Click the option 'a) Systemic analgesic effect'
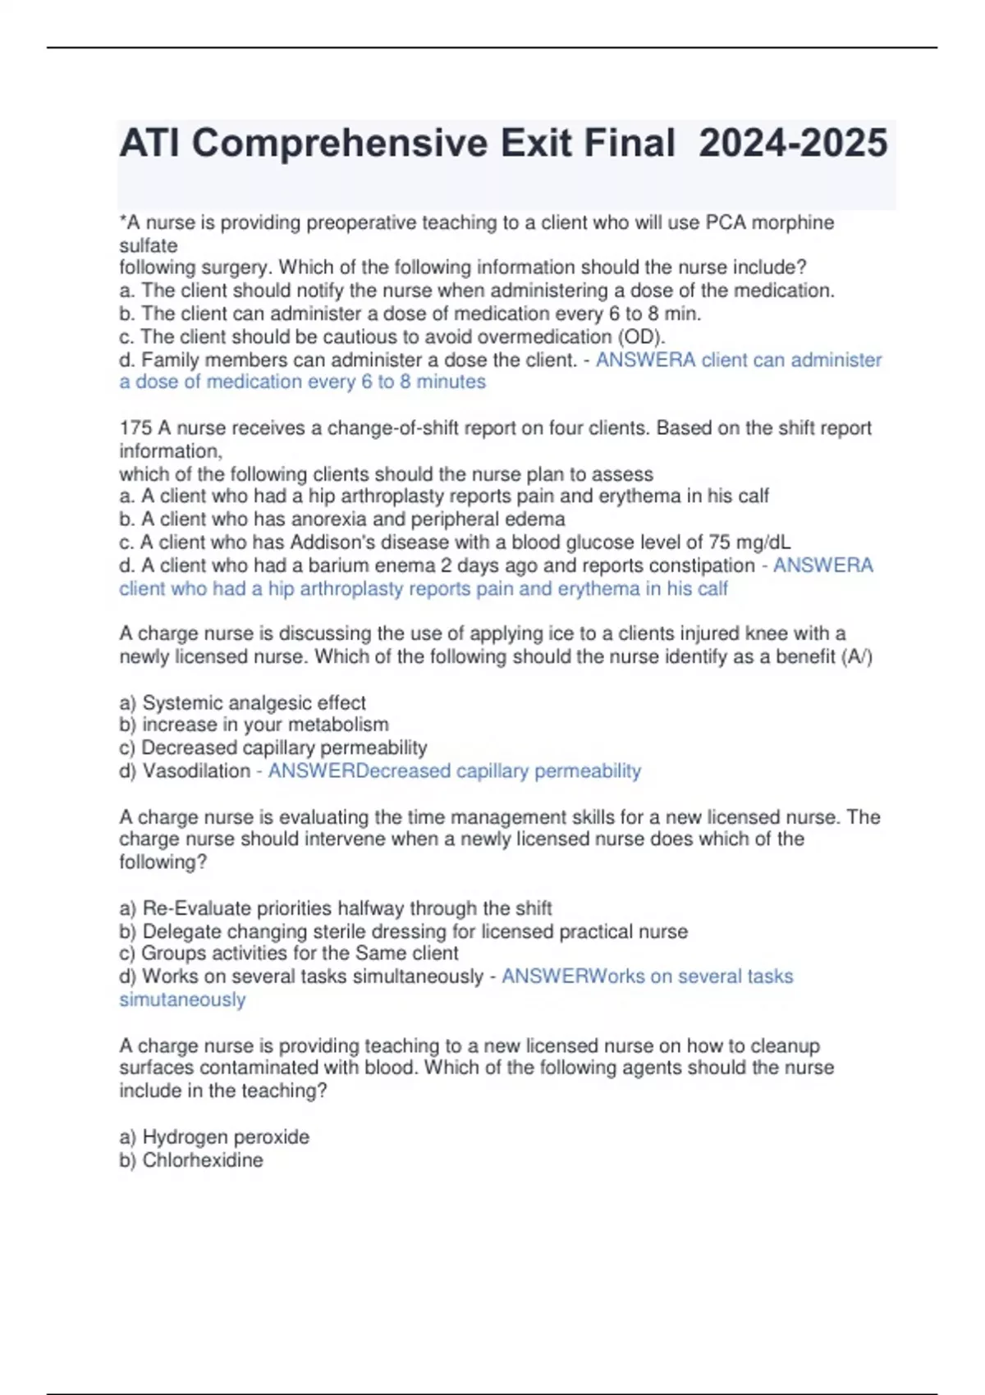[x=242, y=703]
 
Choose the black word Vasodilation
[x=196, y=771]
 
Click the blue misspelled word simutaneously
[x=182, y=1000]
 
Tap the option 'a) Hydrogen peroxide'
[x=214, y=1137]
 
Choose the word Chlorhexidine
[x=203, y=1160]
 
